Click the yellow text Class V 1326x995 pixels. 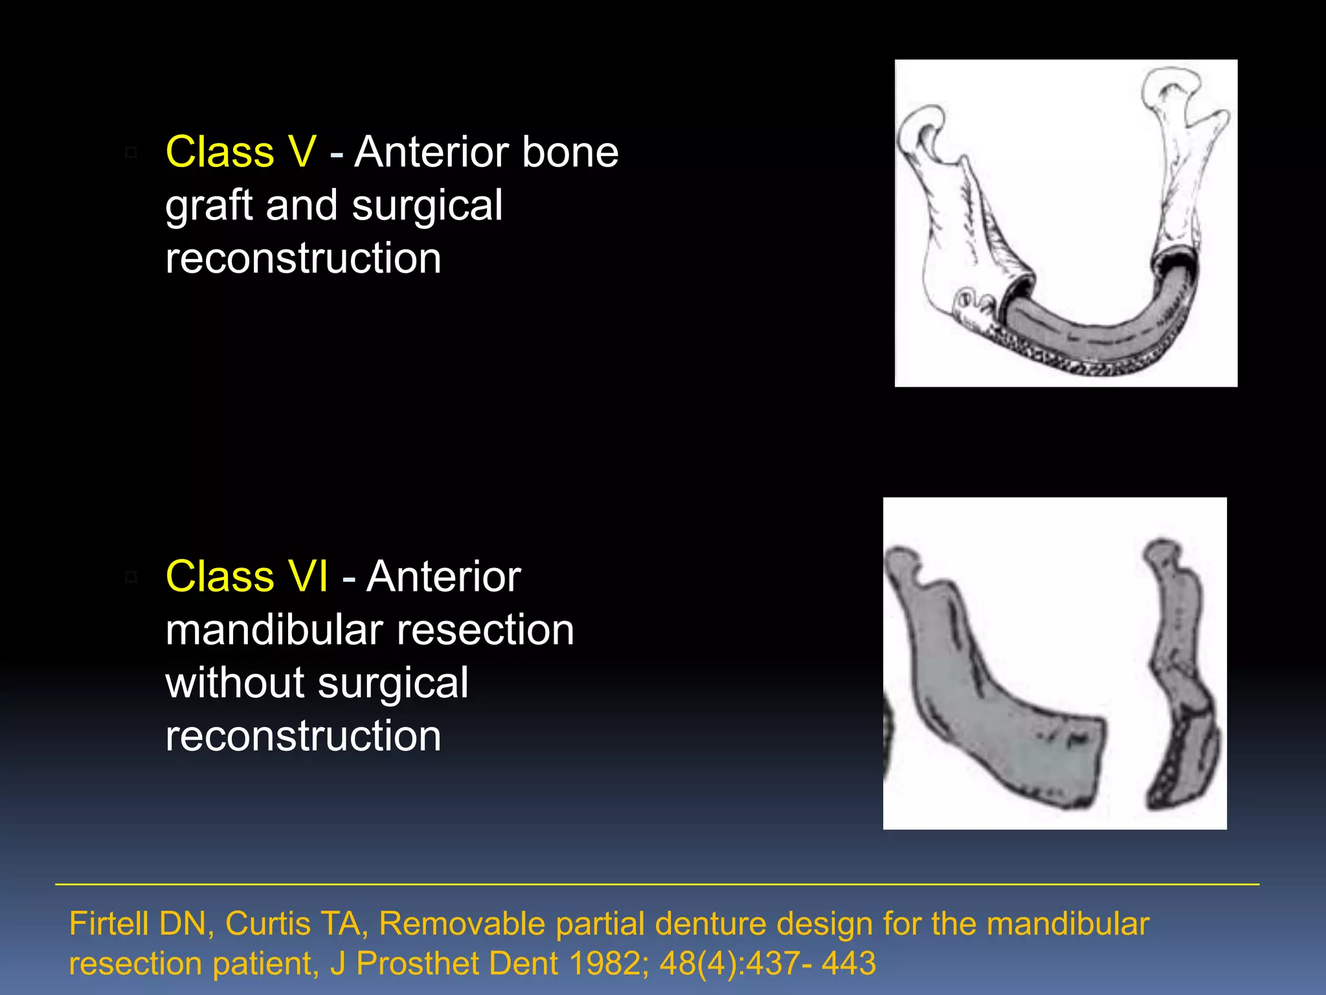(241, 152)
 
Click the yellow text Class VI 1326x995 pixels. (247, 577)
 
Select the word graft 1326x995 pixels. (208, 206)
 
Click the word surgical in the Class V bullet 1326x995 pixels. (427, 206)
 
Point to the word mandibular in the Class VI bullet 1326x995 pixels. (274, 630)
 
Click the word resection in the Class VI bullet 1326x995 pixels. (485, 630)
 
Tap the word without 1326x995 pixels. (234, 683)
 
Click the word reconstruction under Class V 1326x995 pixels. (303, 258)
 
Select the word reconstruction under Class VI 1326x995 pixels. (303, 737)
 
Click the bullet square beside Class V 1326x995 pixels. (131, 153)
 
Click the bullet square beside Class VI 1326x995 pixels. (131, 577)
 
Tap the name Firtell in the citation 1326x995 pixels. (109, 924)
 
